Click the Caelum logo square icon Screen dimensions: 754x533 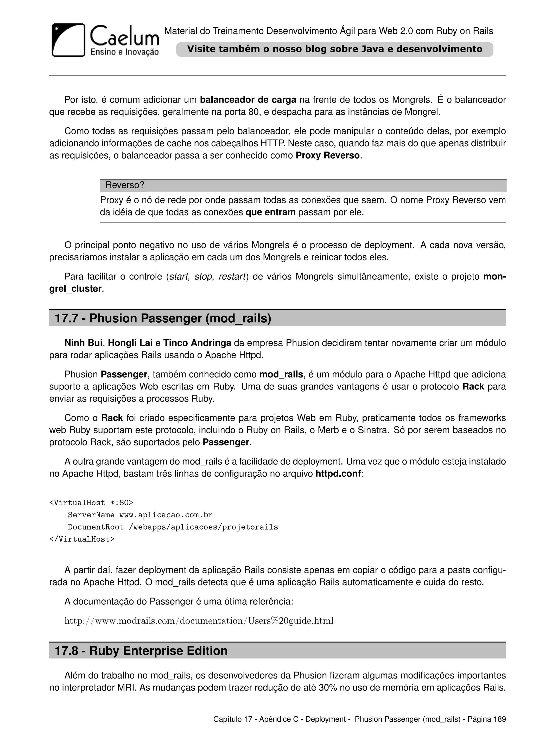pyautogui.click(x=68, y=40)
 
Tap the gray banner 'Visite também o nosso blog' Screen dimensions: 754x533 pyautogui.click(x=334, y=49)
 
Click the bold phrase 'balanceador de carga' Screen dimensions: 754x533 pyautogui.click(x=248, y=99)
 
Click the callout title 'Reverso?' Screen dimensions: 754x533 pyautogui.click(x=125, y=185)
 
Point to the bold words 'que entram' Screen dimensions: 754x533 pyautogui.click(x=270, y=212)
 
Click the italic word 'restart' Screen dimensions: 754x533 pyautogui.click(x=232, y=277)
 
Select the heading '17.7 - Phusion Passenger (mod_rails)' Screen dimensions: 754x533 pyautogui.click(x=163, y=318)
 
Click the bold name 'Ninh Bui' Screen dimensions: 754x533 pyautogui.click(x=83, y=343)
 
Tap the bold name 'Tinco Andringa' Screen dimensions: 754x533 pyautogui.click(x=197, y=343)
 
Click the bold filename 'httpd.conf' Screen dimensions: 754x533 pyautogui.click(x=338, y=474)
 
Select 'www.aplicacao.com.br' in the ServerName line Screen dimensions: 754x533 pyautogui.click(x=166, y=515)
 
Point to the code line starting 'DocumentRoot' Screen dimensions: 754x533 pyautogui.click(x=173, y=527)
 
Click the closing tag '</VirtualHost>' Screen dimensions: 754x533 pyautogui.click(x=82, y=539)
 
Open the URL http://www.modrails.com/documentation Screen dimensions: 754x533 pyautogui.click(x=199, y=621)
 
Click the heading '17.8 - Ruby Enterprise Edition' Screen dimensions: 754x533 pyautogui.click(x=141, y=651)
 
